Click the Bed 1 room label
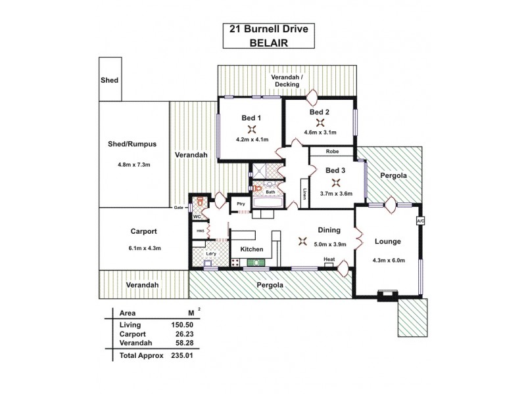click(x=251, y=118)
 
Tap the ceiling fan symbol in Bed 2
click(x=320, y=122)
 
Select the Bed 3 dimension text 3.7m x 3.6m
click(x=337, y=194)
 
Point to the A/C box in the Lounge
click(x=421, y=221)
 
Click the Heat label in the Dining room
click(x=329, y=259)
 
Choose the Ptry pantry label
click(x=241, y=204)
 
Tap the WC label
click(x=196, y=216)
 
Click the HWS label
click(x=199, y=231)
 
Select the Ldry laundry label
click(x=211, y=253)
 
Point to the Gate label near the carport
click(x=178, y=208)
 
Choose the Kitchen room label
click(x=251, y=250)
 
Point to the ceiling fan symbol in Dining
click(x=302, y=240)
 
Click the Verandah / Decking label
click(x=288, y=80)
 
